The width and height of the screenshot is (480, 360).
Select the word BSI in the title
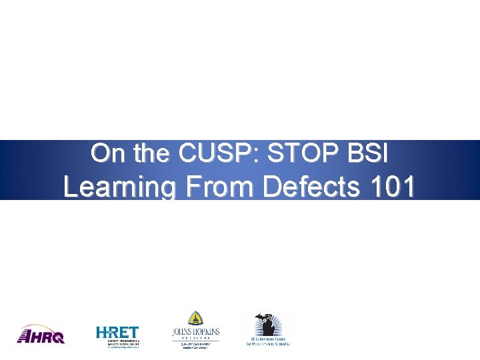pyautogui.click(x=367, y=154)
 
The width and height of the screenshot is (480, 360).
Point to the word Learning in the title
pyautogui.click(x=119, y=187)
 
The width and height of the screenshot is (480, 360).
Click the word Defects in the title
pyautogui.click(x=312, y=187)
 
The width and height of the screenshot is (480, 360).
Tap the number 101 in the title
pyautogui.click(x=390, y=187)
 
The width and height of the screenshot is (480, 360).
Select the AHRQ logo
pyautogui.click(x=41, y=334)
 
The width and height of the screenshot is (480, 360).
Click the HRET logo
pyautogui.click(x=118, y=335)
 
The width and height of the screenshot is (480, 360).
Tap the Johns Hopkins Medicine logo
pyautogui.click(x=195, y=329)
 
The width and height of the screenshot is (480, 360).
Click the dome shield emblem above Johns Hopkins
pyautogui.click(x=195, y=318)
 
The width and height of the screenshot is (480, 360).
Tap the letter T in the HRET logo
pyautogui.click(x=133, y=331)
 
